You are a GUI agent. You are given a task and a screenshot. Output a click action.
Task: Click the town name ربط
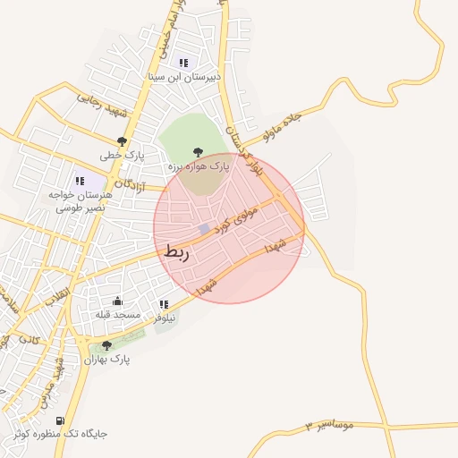(177, 253)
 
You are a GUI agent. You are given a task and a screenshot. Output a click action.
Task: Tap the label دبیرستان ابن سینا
(182, 77)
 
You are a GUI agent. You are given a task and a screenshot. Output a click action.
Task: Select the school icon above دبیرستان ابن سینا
(183, 63)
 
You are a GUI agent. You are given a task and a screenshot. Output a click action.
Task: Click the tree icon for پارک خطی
(122, 140)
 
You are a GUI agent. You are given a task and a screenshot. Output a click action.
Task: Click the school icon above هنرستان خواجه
(81, 180)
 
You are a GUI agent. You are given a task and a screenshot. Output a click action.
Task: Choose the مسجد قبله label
(118, 315)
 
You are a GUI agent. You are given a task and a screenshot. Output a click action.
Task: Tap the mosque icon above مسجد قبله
(118, 301)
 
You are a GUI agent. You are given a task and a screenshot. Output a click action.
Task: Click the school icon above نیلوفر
(163, 304)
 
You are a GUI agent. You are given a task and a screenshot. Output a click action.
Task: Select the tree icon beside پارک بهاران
(107, 345)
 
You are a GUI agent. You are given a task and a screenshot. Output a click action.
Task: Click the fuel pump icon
(60, 420)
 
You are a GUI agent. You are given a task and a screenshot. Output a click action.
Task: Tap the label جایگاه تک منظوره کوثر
(60, 434)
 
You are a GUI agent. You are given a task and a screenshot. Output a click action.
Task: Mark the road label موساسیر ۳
(329, 423)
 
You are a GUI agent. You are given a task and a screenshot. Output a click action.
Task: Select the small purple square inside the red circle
(205, 229)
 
